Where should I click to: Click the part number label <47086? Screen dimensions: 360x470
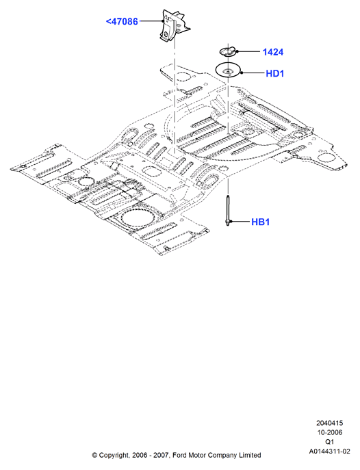tap(122, 22)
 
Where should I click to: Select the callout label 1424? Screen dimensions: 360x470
tap(273, 52)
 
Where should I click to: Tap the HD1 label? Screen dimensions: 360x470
tap(274, 73)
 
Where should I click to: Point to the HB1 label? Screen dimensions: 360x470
tap(260, 222)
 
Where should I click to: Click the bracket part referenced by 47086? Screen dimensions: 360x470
tap(173, 27)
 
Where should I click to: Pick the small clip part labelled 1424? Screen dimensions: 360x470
tap(228, 51)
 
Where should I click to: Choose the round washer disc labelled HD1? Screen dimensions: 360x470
tap(229, 70)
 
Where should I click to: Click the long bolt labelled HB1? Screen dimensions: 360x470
tap(227, 210)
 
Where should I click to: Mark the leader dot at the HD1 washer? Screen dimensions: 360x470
tap(241, 73)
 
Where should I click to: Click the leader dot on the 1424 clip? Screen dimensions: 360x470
tap(237, 51)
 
